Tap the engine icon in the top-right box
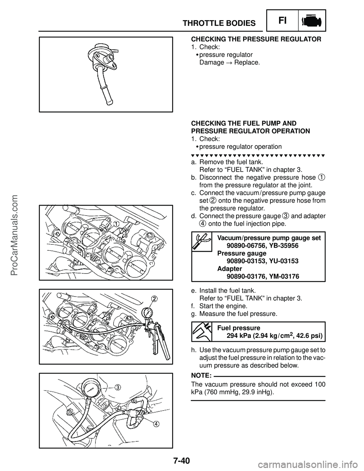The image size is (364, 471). click(x=312, y=21)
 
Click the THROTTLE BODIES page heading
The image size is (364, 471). click(x=219, y=24)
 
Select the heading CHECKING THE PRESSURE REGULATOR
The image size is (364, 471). click(x=256, y=39)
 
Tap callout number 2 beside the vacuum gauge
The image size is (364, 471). click(x=154, y=298)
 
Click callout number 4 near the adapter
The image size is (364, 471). click(x=156, y=423)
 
